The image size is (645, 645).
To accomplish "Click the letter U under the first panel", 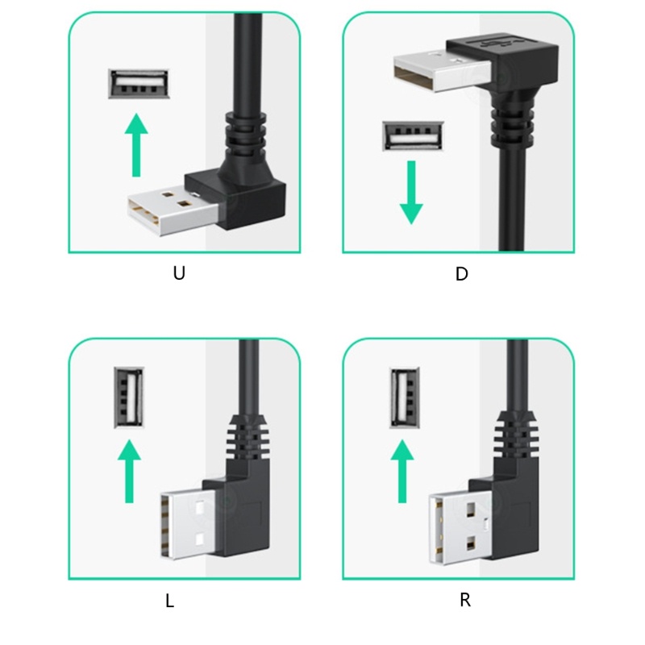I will click(179, 273).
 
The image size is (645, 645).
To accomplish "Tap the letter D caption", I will click(462, 274).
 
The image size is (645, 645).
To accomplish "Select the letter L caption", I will click(170, 601).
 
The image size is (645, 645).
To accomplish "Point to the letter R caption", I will click(465, 601).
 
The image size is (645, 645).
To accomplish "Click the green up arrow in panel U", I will click(139, 145).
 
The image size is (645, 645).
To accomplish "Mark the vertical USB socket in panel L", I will click(128, 397).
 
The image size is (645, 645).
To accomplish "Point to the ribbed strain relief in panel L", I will click(247, 443).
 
